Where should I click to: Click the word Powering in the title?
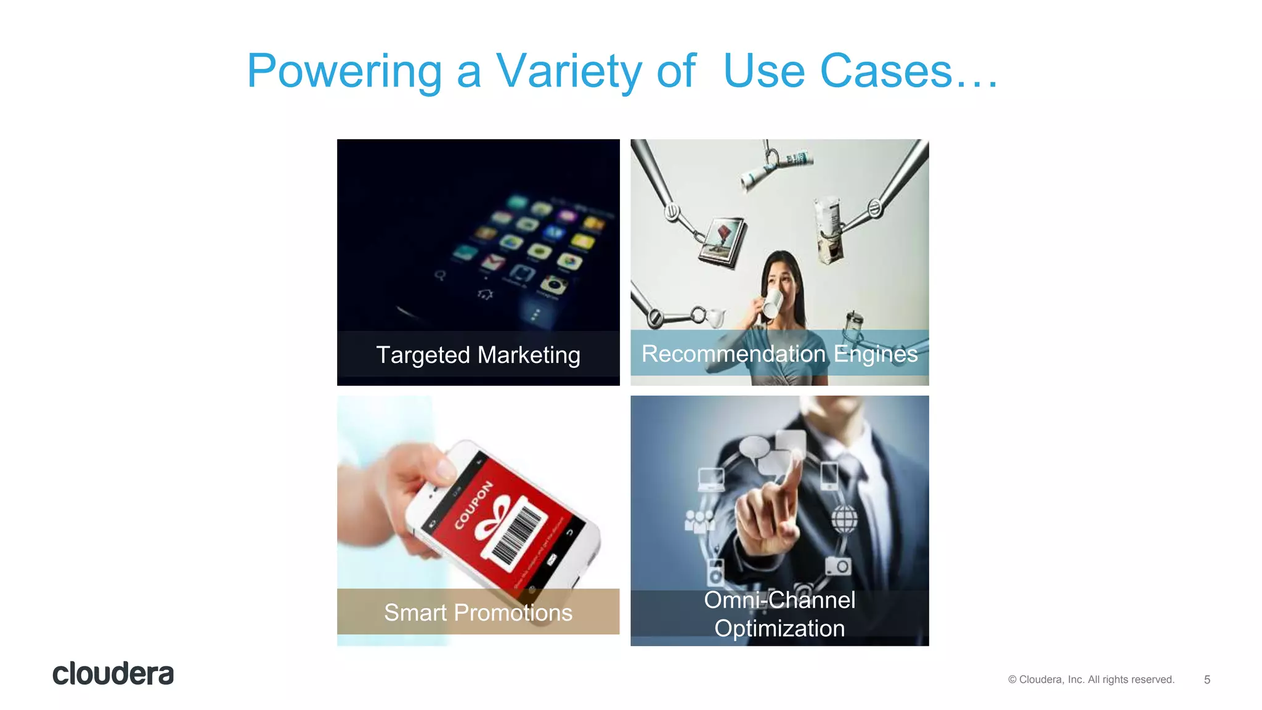click(x=344, y=71)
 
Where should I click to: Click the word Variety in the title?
click(x=569, y=71)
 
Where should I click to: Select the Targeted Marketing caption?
click(x=478, y=355)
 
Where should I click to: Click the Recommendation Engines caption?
click(x=780, y=354)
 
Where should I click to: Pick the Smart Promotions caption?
click(x=478, y=612)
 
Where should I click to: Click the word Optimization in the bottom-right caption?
click(x=780, y=628)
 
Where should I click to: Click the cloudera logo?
click(x=113, y=674)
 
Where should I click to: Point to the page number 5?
click(x=1207, y=680)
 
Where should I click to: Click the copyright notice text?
click(x=1091, y=679)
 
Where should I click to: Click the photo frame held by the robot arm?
click(x=722, y=242)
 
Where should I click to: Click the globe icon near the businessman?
click(x=844, y=518)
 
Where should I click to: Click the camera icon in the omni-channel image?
click(x=838, y=565)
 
